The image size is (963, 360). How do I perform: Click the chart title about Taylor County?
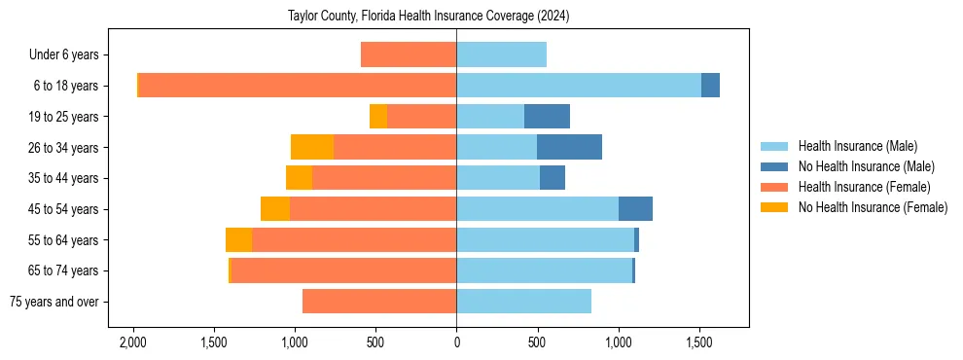pos(428,17)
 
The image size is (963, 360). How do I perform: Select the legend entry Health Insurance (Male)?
pos(857,146)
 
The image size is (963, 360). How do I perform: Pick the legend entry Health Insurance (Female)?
pos(864,187)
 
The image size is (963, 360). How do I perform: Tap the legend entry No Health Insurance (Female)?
pos(873,207)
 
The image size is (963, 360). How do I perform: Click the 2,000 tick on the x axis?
pos(132,343)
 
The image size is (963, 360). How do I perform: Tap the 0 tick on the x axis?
pos(456,343)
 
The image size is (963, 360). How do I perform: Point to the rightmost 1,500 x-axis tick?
pos(699,343)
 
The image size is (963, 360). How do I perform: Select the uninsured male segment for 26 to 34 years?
pos(569,147)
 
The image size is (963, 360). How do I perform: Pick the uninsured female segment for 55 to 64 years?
pos(238,240)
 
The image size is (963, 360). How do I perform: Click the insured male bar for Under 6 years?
pos(501,54)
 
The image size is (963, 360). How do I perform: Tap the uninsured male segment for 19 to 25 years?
pos(547,117)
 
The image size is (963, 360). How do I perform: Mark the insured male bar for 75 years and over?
pos(523,302)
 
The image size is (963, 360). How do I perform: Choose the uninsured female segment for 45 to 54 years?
pos(275,209)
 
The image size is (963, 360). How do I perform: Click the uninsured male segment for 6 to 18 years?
pos(710,86)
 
